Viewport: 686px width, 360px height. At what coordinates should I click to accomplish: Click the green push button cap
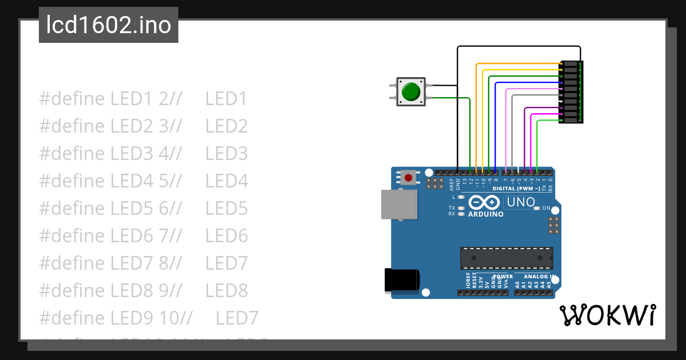pos(410,92)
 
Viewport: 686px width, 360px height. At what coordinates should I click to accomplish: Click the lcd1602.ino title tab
pos(109,25)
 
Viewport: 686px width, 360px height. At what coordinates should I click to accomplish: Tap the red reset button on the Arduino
pos(408,178)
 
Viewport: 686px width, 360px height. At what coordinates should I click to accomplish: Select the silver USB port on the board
pos(398,205)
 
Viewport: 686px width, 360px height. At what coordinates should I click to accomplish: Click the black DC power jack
pos(401,279)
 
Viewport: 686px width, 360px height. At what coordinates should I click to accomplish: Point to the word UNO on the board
pos(521,202)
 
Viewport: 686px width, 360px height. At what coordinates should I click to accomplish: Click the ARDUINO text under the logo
pos(486,214)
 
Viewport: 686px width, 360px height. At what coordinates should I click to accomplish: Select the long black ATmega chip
pos(506,258)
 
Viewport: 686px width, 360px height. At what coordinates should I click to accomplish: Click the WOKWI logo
pos(607,315)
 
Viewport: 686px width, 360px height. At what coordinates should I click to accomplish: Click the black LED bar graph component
pos(571,92)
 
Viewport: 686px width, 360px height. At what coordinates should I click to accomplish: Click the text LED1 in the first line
pos(226,99)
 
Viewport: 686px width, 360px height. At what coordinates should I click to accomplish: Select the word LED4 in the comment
pos(227,181)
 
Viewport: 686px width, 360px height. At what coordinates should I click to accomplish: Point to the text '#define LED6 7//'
pos(110,236)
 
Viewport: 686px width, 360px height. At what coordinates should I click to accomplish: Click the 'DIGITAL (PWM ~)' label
pos(516,188)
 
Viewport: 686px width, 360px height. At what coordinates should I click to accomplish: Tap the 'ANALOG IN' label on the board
pos(539,277)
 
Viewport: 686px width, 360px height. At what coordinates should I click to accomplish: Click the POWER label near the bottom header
pos(503,277)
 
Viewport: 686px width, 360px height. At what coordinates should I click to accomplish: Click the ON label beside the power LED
pos(546,208)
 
